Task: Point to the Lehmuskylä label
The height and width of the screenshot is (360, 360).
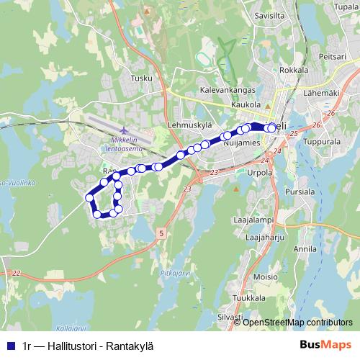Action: tap(189, 124)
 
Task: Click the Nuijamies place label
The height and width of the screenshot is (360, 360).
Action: tap(241, 143)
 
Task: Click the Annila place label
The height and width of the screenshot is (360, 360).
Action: tap(305, 249)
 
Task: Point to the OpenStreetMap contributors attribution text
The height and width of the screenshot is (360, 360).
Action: tap(297, 322)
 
